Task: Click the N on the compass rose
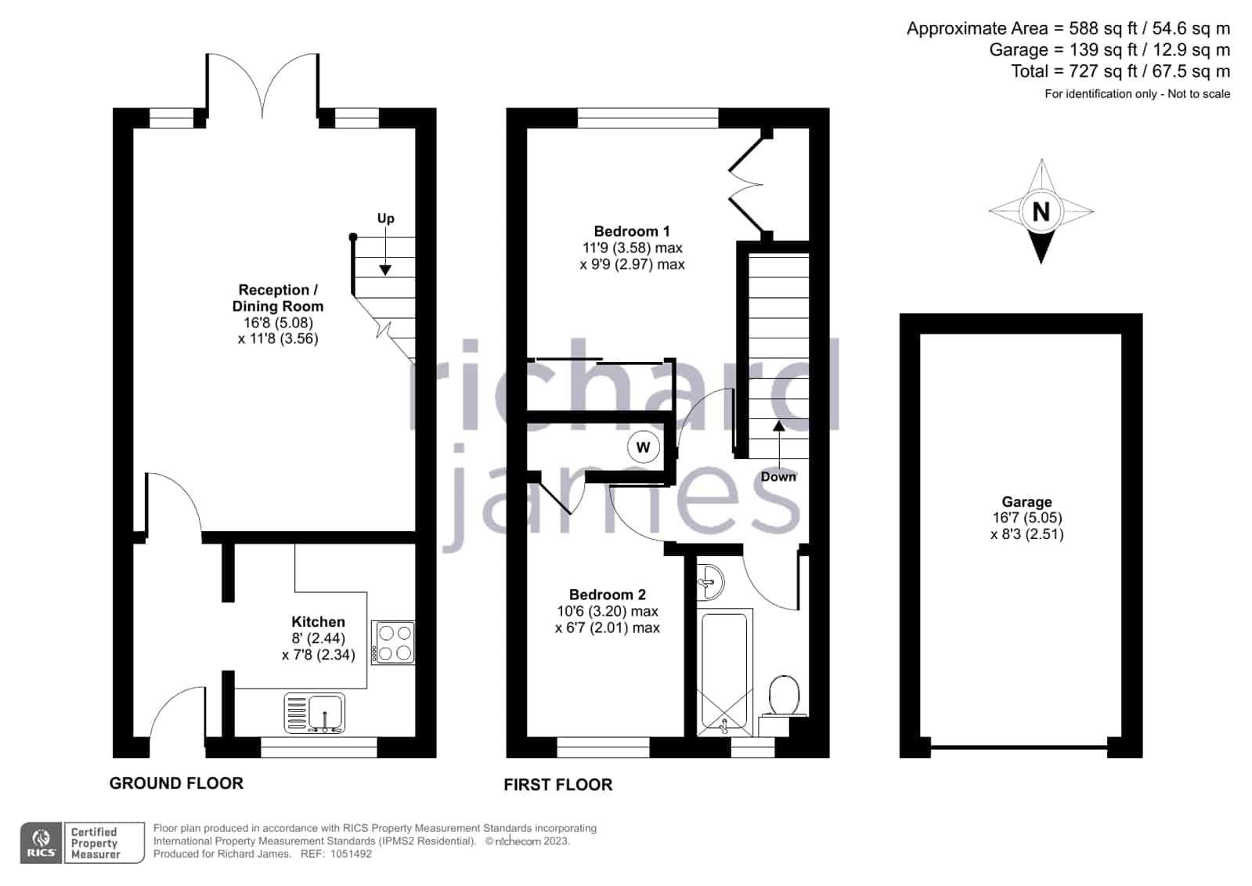[1041, 212]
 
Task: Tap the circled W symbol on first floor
[644, 447]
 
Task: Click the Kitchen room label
[318, 621]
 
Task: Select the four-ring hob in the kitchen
[393, 642]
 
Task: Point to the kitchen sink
[315, 713]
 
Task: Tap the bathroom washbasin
[710, 582]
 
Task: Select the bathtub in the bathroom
[724, 672]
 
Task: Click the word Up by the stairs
[386, 219]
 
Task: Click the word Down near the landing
[778, 476]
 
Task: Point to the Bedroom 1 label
[632, 231]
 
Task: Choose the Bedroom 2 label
[608, 594]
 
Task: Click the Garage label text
[1026, 501]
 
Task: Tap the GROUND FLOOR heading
[177, 783]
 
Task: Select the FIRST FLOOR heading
[558, 785]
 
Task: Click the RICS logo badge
[41, 843]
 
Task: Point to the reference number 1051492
[351, 854]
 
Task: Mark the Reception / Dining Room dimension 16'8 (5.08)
[278, 323]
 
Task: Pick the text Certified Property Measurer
[95, 843]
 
